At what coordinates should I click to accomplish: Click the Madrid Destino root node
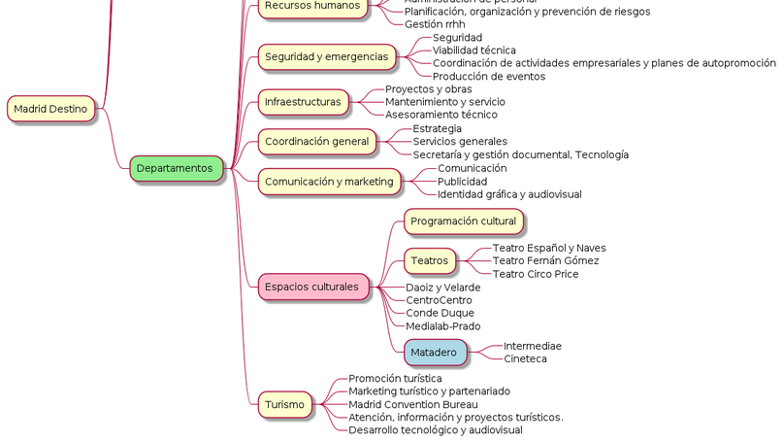(51, 109)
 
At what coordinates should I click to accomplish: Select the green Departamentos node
(176, 168)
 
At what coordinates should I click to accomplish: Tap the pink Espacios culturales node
(313, 287)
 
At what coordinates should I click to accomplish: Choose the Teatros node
(430, 260)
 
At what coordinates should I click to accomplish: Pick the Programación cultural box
(463, 221)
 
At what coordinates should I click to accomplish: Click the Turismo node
(284, 404)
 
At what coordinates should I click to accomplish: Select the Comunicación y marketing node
(329, 181)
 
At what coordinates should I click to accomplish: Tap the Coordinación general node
(316, 142)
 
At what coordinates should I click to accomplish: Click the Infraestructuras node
(303, 102)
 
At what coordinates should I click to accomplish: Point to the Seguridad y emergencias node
(326, 57)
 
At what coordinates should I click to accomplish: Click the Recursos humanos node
(312, 6)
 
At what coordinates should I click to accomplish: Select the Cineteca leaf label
(525, 359)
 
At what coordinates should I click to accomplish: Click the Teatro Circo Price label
(535, 274)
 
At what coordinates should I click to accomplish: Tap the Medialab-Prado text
(442, 326)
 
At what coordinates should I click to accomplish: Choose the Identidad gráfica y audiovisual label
(509, 194)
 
